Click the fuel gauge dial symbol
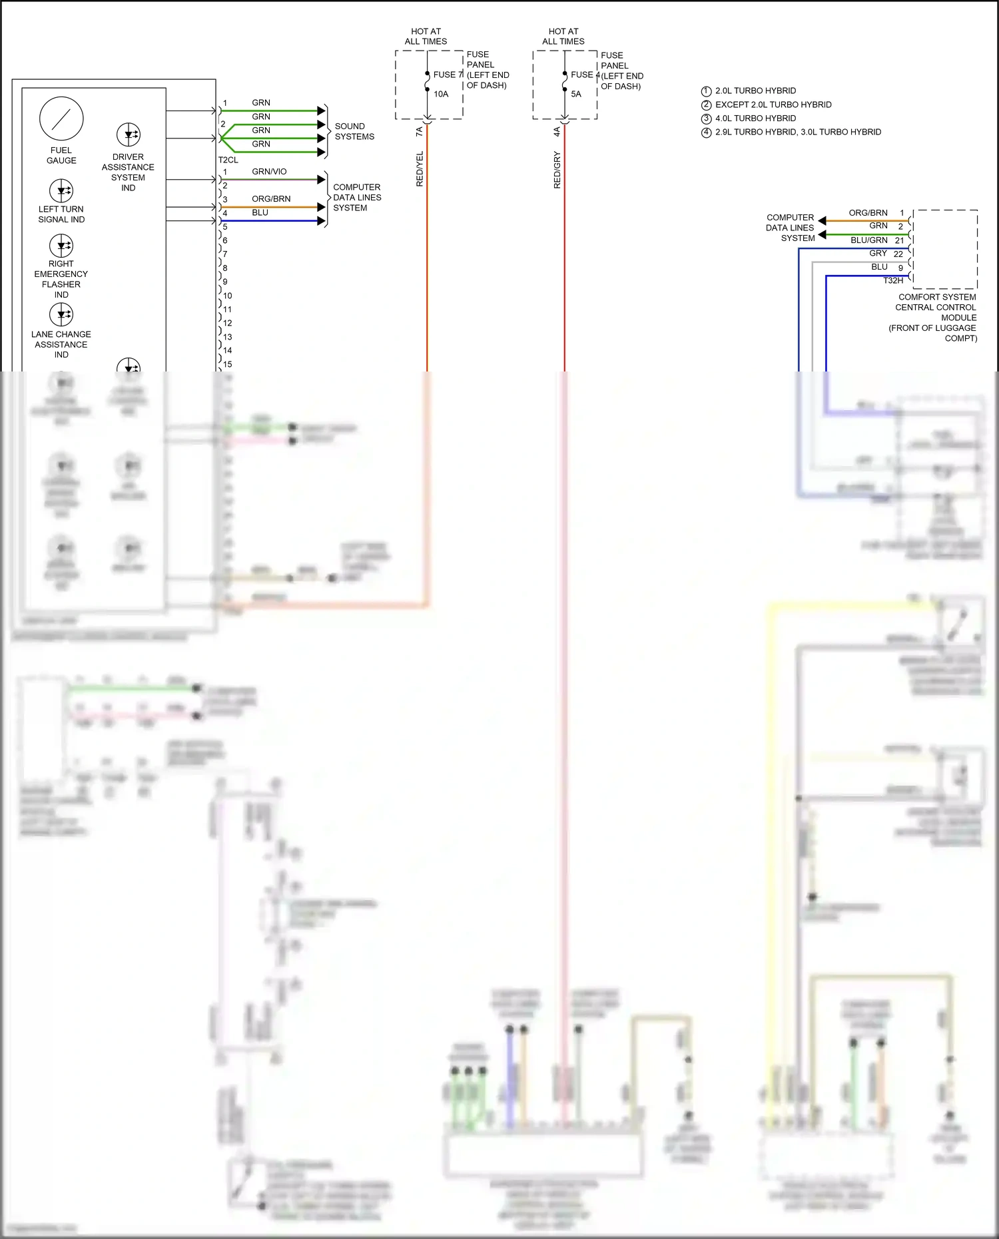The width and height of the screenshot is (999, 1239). coord(61,119)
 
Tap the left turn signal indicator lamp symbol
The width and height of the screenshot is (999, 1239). coord(61,190)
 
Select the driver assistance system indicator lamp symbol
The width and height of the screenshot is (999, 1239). coord(129,134)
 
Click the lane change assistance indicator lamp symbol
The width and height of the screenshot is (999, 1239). coord(61,314)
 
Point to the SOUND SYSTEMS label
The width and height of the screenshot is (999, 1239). coord(354,131)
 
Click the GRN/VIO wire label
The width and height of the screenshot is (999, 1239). coord(269,172)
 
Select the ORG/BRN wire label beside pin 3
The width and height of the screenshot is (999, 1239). coord(271,199)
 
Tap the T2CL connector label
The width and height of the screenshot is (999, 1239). coord(228,160)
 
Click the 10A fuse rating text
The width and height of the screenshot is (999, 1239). coord(441,95)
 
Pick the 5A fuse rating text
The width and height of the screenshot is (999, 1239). coord(576,95)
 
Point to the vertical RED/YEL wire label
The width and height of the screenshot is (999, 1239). coord(420,169)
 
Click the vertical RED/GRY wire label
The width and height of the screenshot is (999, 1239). coord(557,170)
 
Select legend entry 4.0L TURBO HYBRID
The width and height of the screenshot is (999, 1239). coord(755,119)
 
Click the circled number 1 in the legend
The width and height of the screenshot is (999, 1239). coord(707,91)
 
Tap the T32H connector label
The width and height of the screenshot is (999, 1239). coord(893,281)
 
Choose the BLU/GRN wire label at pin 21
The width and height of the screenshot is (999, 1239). coord(868,240)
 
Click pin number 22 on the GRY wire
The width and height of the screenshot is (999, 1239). coord(898,254)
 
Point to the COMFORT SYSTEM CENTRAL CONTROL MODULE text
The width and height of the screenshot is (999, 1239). coord(936,308)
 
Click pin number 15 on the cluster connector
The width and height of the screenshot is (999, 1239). coord(228,365)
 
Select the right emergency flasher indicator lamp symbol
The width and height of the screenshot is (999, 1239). coord(61,246)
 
